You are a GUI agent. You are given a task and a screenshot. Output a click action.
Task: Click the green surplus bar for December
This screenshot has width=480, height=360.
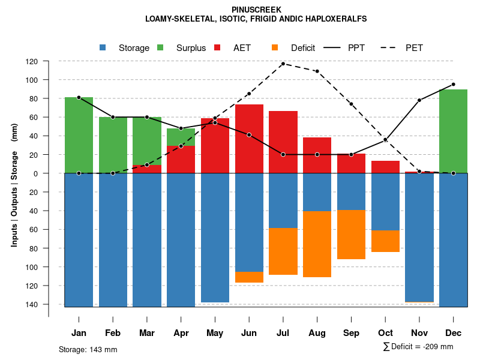[x=453, y=131]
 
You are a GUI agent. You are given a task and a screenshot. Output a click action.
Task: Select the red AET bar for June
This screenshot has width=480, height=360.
[x=249, y=139]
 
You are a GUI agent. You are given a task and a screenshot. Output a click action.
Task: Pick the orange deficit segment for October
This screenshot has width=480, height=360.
[x=385, y=241]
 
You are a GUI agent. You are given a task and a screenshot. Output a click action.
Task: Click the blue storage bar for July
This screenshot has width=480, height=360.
[x=283, y=200]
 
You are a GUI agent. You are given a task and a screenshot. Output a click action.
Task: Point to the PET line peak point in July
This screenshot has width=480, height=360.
[x=283, y=64]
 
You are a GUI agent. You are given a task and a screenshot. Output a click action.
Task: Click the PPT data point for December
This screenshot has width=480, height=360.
[x=453, y=85]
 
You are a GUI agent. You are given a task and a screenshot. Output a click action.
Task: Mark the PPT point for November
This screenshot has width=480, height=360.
[x=419, y=100]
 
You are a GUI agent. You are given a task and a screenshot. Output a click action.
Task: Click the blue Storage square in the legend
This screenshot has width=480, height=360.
[x=103, y=48]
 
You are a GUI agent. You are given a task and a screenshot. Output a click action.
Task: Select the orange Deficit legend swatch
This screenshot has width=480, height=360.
[x=275, y=48]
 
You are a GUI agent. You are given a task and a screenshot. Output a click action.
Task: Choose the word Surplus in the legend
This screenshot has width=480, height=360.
[x=191, y=48]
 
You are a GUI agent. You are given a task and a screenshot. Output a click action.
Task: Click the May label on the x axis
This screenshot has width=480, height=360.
[x=215, y=333]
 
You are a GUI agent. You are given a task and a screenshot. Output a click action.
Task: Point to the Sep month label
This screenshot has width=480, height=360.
[x=351, y=333]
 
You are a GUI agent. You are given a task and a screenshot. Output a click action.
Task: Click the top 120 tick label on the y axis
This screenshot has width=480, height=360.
[x=49, y=61]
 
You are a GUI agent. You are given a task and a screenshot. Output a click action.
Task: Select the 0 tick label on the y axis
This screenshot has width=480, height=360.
[x=52, y=173]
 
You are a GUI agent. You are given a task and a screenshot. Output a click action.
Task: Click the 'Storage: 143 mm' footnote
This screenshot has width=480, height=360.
[x=88, y=349]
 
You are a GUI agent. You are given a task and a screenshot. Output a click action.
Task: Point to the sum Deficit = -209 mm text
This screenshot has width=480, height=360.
[x=418, y=347]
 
